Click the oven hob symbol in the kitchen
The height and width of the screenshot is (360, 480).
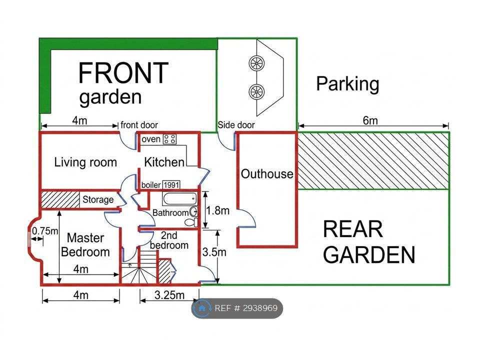[170, 139]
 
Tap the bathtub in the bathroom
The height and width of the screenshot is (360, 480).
[179, 199]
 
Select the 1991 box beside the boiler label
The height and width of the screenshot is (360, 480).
[171, 185]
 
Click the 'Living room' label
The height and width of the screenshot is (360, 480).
[85, 162]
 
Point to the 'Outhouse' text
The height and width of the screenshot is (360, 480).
[267, 174]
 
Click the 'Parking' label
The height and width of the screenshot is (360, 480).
[348, 83]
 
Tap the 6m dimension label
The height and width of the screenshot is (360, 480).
[370, 120]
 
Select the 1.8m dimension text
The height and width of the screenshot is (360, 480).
[217, 210]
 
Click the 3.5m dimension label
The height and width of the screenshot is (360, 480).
[214, 252]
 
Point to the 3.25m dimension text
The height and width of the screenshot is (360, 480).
[169, 295]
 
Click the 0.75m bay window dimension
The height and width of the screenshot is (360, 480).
[44, 231]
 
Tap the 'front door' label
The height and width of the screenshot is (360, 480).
[139, 125]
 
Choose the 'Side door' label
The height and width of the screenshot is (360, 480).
[236, 125]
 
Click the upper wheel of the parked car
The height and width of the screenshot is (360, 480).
[257, 63]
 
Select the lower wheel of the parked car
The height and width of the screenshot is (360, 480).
[257, 91]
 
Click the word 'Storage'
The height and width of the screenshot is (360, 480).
[98, 199]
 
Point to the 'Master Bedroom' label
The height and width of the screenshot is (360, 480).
[85, 245]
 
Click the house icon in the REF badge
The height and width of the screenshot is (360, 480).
[201, 308]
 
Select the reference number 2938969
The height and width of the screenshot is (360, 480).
[260, 308]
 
